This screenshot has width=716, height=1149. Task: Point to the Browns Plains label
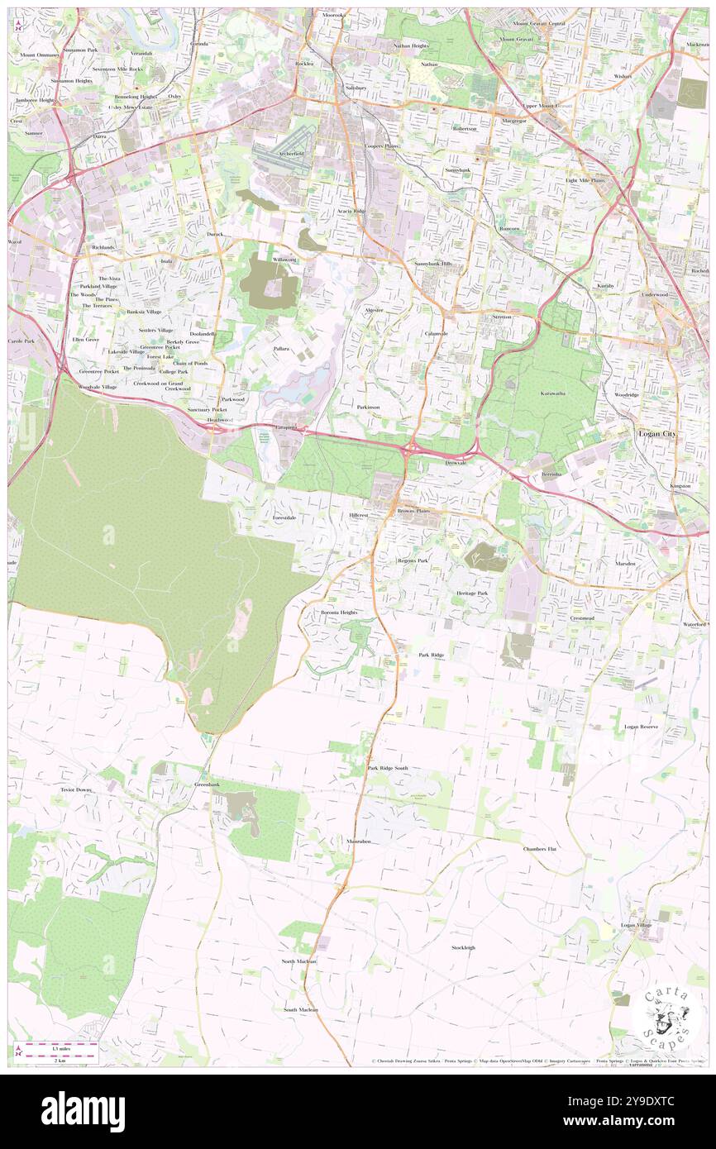point(413,511)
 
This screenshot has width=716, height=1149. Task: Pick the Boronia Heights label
point(339,613)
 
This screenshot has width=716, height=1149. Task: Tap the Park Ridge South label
point(388,768)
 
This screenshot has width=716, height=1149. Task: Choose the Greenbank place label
point(207,784)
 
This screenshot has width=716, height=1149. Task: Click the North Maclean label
point(298,961)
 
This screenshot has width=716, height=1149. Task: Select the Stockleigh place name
point(463,947)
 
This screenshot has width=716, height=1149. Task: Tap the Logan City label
point(658,433)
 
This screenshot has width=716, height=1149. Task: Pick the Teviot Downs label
point(76,789)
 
